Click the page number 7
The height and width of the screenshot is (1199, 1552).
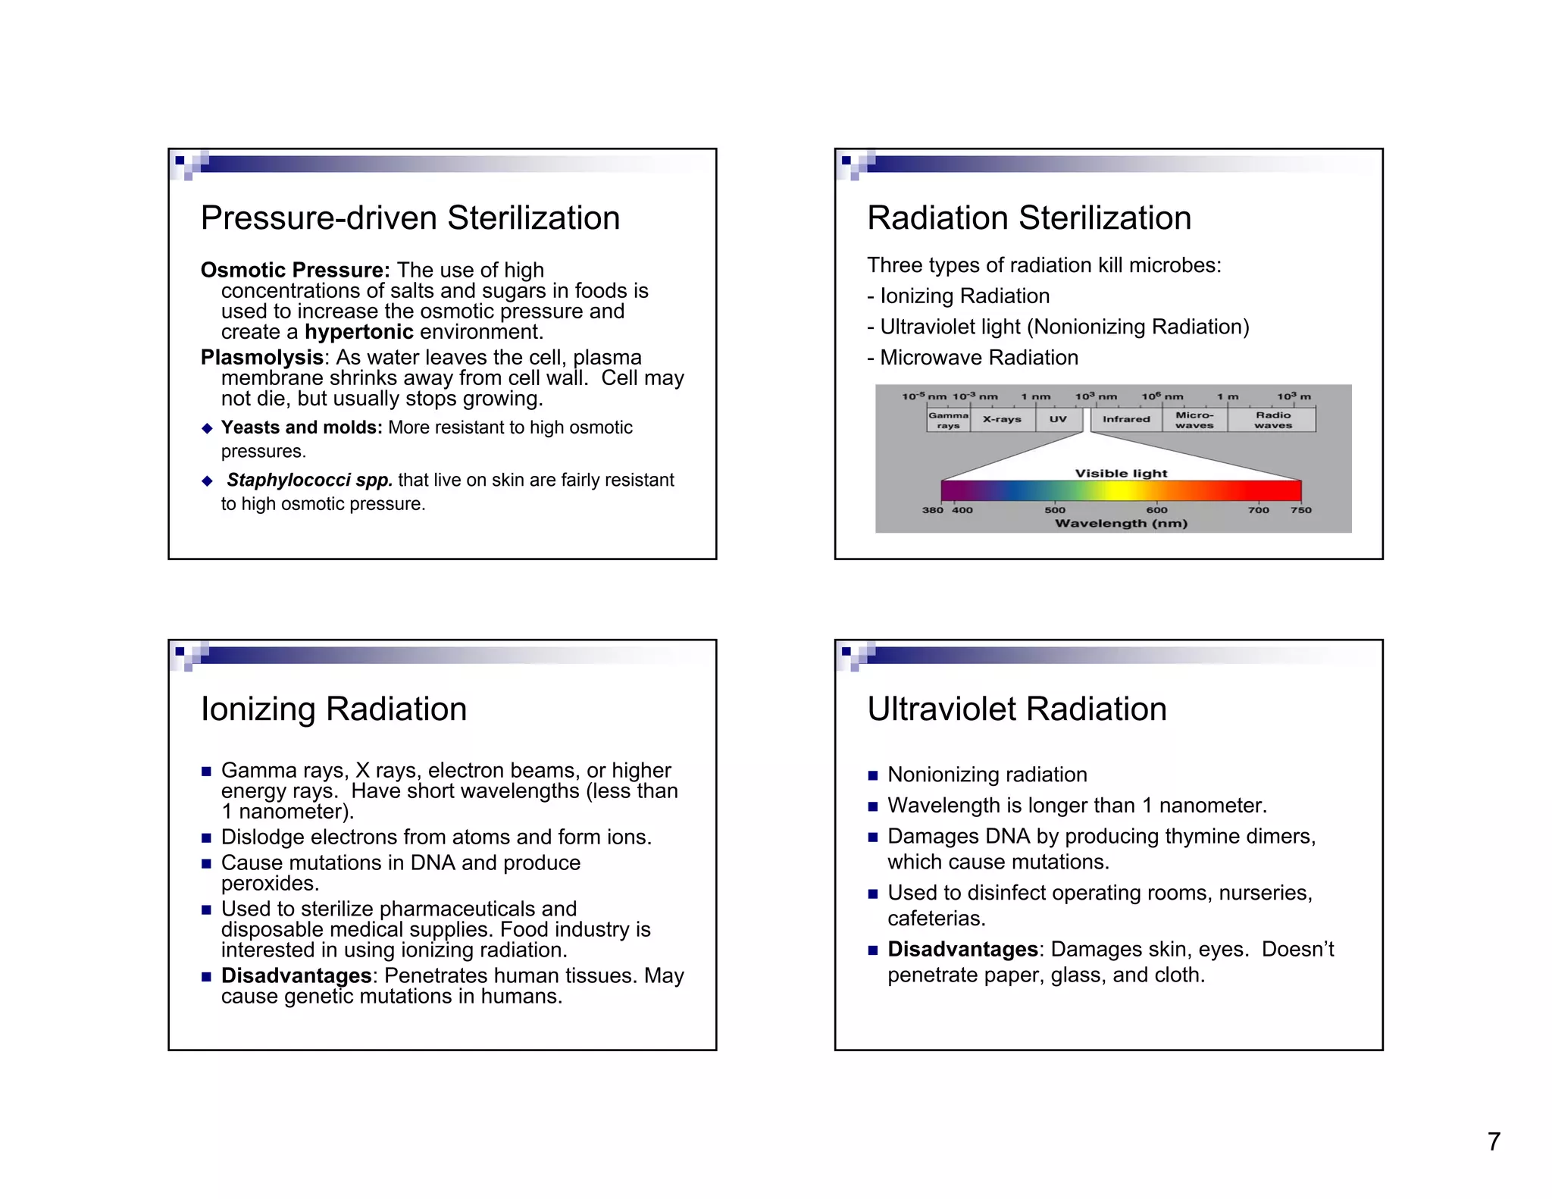point(1494,1141)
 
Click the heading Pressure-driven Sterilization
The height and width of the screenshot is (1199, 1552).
point(410,218)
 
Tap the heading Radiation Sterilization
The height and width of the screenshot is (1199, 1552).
point(1029,218)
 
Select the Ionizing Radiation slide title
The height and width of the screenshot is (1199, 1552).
point(333,709)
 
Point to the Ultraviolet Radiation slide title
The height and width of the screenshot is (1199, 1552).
point(1017,709)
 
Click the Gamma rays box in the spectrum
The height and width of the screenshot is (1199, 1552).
point(948,420)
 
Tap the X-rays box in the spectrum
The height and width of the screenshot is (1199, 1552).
point(1002,419)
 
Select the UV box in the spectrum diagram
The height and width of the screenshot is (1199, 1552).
point(1058,419)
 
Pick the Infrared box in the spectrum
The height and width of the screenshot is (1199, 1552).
point(1126,419)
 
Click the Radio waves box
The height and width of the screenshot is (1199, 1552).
point(1273,420)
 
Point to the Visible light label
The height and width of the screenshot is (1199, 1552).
point(1121,474)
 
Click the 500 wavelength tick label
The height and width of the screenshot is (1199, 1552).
point(1055,510)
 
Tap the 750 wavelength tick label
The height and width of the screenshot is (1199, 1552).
point(1301,510)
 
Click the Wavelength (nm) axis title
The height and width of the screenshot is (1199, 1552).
point(1121,524)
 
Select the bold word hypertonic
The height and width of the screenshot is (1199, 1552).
point(359,332)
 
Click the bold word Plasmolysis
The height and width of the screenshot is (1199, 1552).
point(262,357)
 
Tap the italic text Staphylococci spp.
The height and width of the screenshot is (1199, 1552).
point(309,481)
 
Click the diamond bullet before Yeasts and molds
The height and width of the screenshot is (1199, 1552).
point(208,428)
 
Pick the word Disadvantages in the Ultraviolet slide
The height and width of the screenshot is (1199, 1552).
point(962,950)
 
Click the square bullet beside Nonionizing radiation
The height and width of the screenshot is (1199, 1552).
point(873,775)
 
